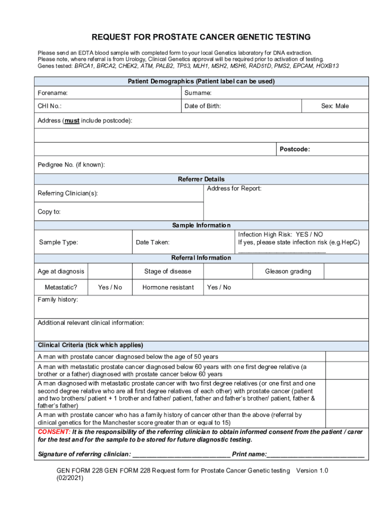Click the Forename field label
click(x=52, y=93)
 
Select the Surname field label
click(x=198, y=93)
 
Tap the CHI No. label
click(x=49, y=106)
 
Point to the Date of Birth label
click(x=202, y=106)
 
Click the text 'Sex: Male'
click(x=334, y=106)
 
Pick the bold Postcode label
click(x=294, y=149)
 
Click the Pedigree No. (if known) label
click(x=71, y=165)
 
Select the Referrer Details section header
click(x=201, y=179)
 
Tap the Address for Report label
click(x=234, y=188)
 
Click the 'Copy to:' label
click(x=49, y=211)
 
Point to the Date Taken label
click(x=152, y=242)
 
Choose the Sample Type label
click(x=58, y=242)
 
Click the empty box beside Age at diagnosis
click(x=109, y=271)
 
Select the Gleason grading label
click(x=288, y=271)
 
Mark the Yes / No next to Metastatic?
click(x=110, y=287)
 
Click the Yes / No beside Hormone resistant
click(x=219, y=287)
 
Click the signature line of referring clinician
click(x=181, y=454)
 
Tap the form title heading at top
click(x=201, y=37)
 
